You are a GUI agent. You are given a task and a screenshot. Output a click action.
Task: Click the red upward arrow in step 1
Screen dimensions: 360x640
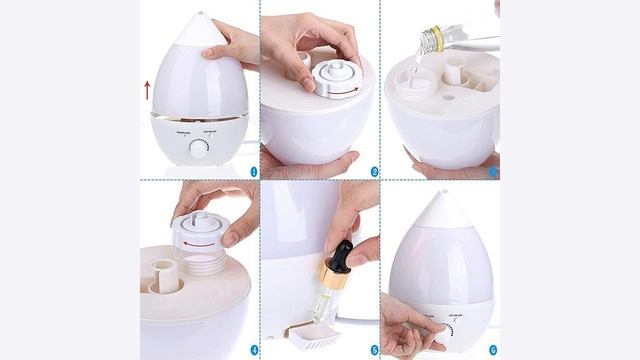[147, 90]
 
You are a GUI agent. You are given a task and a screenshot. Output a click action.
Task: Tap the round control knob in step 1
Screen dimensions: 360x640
[199, 148]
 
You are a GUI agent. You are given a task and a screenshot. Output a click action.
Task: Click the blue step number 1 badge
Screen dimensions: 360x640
[253, 171]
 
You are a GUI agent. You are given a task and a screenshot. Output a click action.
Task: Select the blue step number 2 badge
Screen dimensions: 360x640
[373, 171]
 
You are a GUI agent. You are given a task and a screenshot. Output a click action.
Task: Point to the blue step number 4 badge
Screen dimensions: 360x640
[253, 350]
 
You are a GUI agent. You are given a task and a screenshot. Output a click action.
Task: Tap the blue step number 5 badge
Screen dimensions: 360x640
[373, 350]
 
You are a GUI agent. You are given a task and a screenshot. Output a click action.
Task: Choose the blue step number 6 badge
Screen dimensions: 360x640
[492, 350]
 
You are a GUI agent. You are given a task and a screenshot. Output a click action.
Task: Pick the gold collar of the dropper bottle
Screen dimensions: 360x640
[334, 279]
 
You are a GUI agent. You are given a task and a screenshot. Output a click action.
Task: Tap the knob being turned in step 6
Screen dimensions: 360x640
[448, 330]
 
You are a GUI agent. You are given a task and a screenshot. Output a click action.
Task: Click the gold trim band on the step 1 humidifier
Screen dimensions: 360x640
[199, 116]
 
